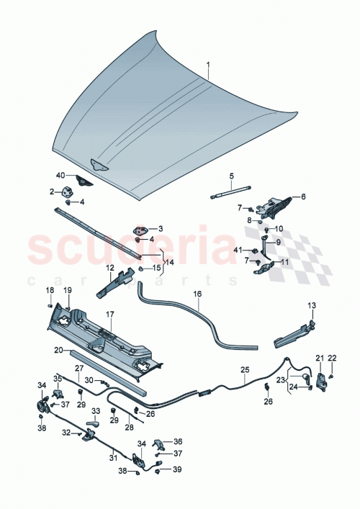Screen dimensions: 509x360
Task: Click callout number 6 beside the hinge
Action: [x=303, y=196]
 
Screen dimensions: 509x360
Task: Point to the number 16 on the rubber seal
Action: [x=196, y=294]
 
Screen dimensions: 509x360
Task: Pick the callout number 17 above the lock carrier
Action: [x=111, y=315]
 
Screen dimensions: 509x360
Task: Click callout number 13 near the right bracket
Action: [x=312, y=305]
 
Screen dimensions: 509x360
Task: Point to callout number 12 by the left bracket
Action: [x=110, y=268]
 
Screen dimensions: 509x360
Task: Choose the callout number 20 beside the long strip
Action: [x=58, y=350]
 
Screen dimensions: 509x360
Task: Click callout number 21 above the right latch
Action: [x=319, y=358]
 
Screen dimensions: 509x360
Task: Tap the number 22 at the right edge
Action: [x=332, y=358]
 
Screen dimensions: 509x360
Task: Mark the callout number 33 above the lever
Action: [x=94, y=411]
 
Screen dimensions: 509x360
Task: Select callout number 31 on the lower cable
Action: [x=112, y=457]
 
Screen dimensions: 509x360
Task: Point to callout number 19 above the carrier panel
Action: [x=67, y=290]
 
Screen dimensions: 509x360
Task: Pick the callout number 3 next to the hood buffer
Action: [x=159, y=228]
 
